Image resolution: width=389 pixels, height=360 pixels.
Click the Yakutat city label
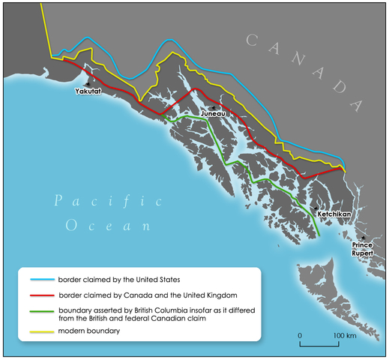[x=89, y=91]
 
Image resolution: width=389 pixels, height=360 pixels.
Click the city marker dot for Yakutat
[x=91, y=82]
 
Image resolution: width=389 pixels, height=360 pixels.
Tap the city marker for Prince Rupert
[x=363, y=238]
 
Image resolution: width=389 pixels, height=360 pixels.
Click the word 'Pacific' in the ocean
[x=108, y=201]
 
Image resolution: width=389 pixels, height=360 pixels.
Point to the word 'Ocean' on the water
[x=108, y=225]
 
